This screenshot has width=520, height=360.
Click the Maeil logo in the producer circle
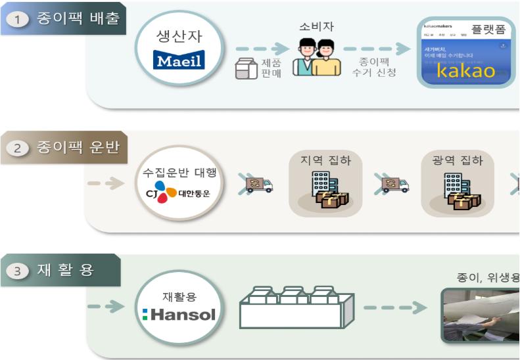tap(179, 61)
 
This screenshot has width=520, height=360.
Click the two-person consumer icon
tap(317, 58)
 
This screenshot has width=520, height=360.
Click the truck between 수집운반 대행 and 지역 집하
tap(258, 185)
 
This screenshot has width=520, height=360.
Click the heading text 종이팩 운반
tap(78, 147)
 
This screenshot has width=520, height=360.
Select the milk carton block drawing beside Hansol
tap(296, 307)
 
